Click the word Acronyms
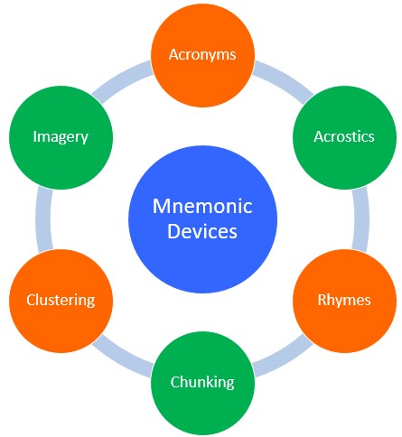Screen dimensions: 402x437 [x=202, y=55]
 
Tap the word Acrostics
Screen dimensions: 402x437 [x=344, y=136]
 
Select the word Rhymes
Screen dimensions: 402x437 [x=344, y=301]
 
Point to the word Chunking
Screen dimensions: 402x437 [x=202, y=383]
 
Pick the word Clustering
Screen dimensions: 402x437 [x=61, y=301]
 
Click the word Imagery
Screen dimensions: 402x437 [x=61, y=137]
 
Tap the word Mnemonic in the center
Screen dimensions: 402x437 [x=202, y=207]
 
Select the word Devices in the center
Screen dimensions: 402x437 [x=202, y=231]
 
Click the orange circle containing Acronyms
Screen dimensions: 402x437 [x=202, y=55]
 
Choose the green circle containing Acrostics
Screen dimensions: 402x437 [x=344, y=137]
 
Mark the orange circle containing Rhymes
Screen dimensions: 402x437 [x=344, y=301]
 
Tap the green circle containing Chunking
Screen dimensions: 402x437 [x=202, y=383]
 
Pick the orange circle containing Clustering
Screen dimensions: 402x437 [x=61, y=301]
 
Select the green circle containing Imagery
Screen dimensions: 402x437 [x=61, y=137]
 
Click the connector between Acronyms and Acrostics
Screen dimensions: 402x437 [x=283, y=79]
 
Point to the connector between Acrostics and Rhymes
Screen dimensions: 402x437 [x=360, y=218]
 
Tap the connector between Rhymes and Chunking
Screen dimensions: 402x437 [x=283, y=358]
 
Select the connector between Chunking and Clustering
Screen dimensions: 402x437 [x=122, y=358]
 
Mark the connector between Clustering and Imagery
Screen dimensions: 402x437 [x=44, y=218]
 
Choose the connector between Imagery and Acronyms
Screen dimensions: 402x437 [x=122, y=79]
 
